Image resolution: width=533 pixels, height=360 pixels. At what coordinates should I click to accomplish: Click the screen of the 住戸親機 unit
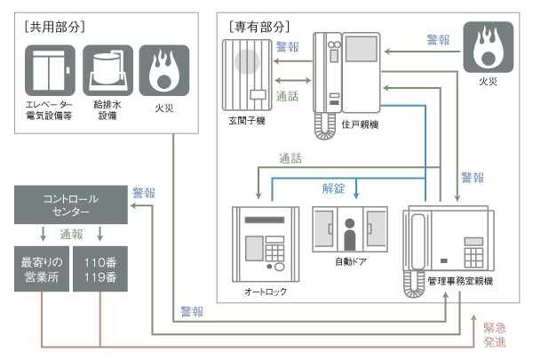point(360,60)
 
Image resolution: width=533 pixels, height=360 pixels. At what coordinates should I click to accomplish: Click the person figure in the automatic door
point(349,237)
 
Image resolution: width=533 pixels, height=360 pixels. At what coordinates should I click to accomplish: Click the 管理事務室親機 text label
point(459,282)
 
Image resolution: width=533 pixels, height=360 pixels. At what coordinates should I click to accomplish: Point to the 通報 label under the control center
point(71,235)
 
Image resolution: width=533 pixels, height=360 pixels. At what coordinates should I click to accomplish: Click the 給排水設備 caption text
point(107,109)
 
